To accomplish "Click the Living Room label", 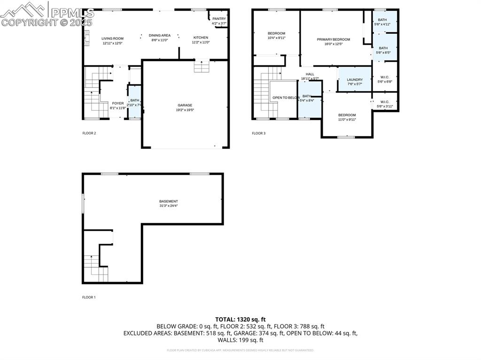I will [112, 38].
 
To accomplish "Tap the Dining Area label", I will [160, 35].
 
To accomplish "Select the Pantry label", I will [219, 19].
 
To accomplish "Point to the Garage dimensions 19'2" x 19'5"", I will [185, 110].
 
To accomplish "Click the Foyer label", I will [118, 103].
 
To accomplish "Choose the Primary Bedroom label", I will [334, 39].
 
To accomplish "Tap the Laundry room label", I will [355, 80].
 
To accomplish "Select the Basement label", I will [168, 201].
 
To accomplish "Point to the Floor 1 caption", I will [89, 297].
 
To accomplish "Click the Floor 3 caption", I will [258, 133].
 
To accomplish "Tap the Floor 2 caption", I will [89, 133].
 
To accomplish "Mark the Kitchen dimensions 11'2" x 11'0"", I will [201, 42].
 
